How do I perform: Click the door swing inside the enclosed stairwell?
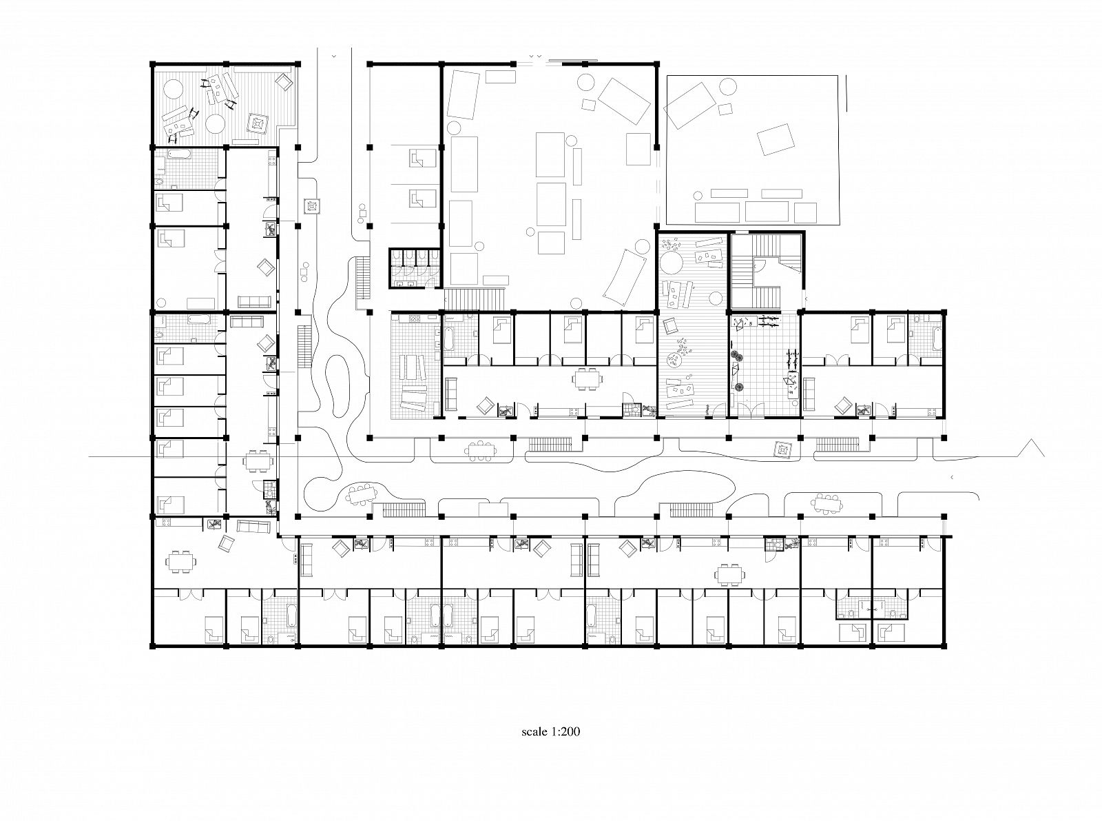pos(759,266)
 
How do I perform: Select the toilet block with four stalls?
pos(415,268)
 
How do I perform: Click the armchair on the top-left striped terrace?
pos(284,81)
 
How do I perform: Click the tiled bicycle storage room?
pos(765,365)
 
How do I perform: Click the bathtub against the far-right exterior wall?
pos(937,338)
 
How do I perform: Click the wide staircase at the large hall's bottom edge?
pos(475,298)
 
